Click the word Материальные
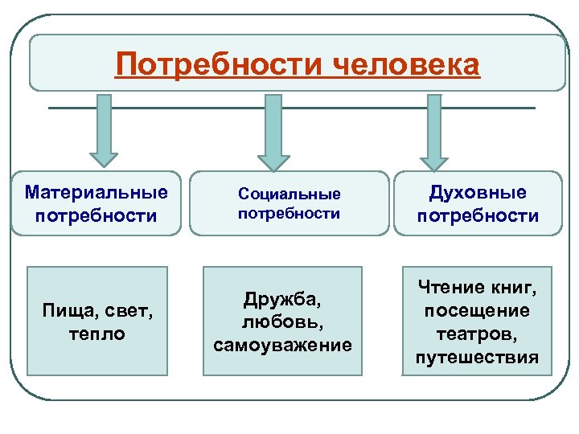pyautogui.click(x=96, y=193)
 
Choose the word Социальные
pyautogui.click(x=289, y=194)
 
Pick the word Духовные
pyautogui.click(x=478, y=193)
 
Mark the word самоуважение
pyautogui.click(x=282, y=346)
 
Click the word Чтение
pyautogui.click(x=450, y=288)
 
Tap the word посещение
pyautogui.click(x=478, y=311)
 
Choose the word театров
pyautogui.click(x=478, y=334)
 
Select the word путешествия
pyautogui.click(x=478, y=357)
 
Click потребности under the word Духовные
pyautogui.click(x=478, y=215)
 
